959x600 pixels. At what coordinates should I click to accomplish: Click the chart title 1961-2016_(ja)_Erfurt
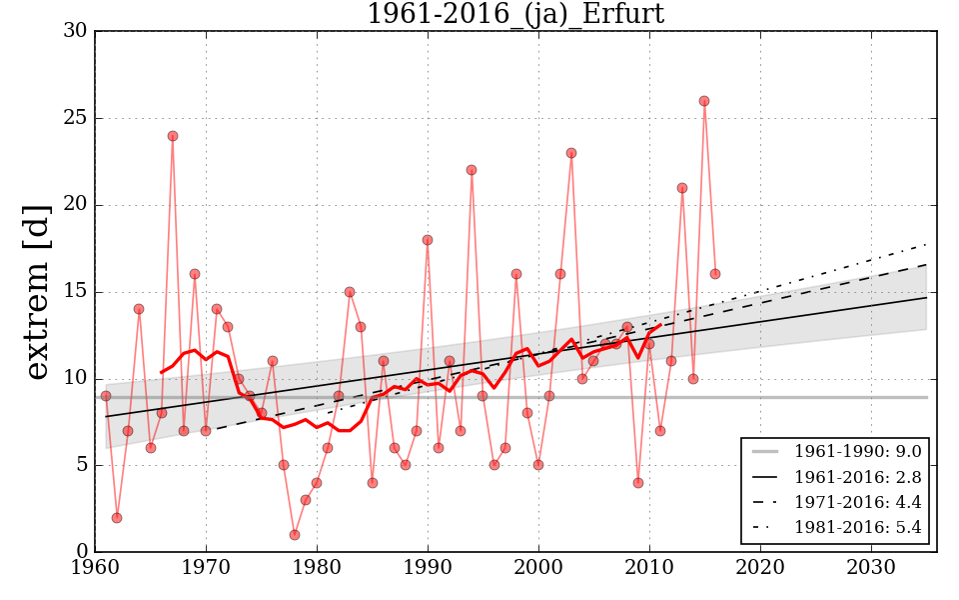tap(514, 14)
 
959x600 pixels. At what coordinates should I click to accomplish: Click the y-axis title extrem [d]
tap(37, 291)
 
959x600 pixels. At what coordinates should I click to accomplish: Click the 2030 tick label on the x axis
tap(871, 568)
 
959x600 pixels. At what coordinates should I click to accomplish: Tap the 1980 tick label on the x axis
tap(318, 568)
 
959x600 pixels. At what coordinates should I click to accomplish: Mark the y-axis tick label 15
tap(75, 292)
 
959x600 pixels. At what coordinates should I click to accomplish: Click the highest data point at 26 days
tap(704, 101)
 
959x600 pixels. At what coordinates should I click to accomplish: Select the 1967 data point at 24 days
tap(173, 136)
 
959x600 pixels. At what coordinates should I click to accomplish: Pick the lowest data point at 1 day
tap(295, 535)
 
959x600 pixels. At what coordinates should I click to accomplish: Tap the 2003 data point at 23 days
tap(571, 153)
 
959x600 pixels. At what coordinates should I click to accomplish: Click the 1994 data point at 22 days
tap(472, 170)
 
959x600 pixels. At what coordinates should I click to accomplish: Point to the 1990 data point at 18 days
tap(428, 240)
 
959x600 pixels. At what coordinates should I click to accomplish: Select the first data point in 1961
tap(106, 396)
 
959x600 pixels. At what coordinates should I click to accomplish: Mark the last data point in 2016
tap(715, 274)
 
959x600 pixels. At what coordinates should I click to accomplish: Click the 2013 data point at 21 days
tap(682, 188)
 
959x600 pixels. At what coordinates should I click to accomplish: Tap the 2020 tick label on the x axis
tap(760, 568)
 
